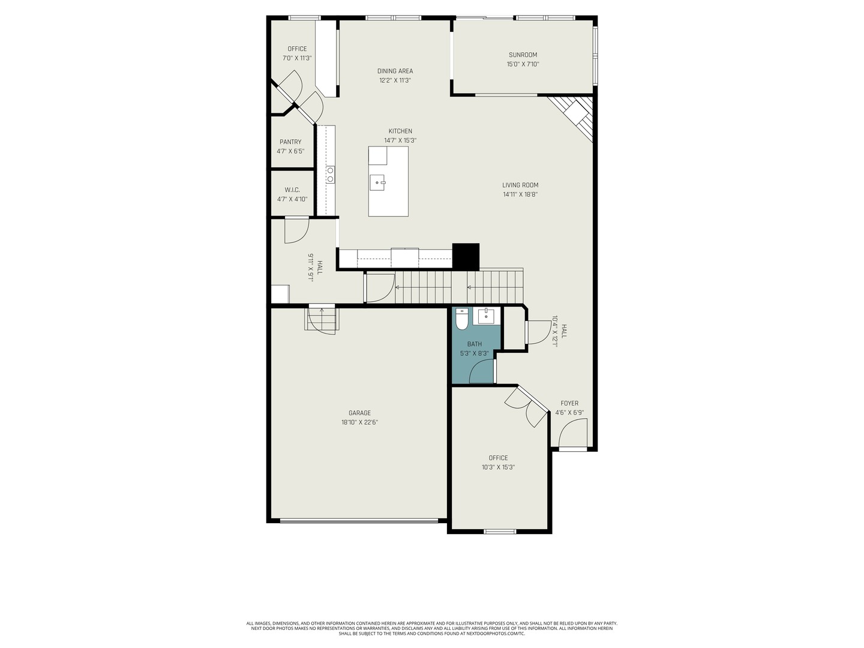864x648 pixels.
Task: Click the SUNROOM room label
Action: click(523, 55)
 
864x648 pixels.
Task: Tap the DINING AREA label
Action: click(395, 71)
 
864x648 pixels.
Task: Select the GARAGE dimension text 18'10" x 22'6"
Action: click(359, 422)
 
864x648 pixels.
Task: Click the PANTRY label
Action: click(290, 142)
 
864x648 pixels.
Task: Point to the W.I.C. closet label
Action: click(292, 190)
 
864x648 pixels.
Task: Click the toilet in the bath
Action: click(461, 321)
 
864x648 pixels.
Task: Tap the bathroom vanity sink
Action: click(485, 316)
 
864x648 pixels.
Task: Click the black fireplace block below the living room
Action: click(466, 256)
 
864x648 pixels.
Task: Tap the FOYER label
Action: click(569, 403)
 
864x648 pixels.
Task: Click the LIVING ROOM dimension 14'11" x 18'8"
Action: click(520, 194)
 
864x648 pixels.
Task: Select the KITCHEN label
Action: click(400, 131)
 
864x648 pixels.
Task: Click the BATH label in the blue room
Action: click(474, 344)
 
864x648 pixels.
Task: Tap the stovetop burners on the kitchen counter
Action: click(330, 174)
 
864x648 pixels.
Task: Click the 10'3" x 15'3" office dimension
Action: click(498, 467)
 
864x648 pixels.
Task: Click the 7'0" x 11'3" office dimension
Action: click(297, 58)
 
